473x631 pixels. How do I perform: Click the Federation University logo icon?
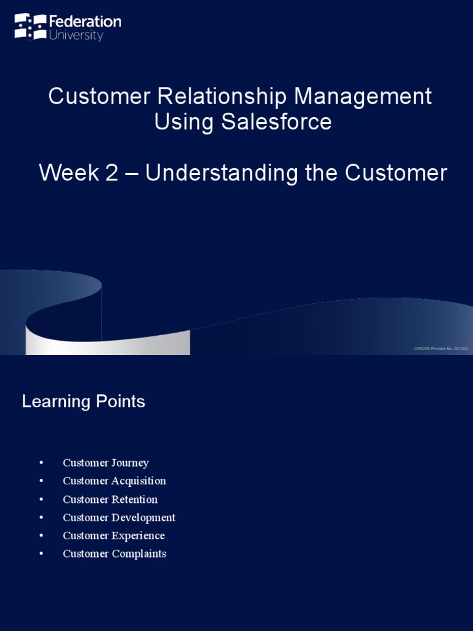[30, 26]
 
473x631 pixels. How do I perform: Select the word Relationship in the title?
[222, 97]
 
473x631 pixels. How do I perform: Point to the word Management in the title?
[363, 97]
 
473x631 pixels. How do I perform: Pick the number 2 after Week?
[111, 173]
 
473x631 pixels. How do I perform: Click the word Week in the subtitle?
[68, 173]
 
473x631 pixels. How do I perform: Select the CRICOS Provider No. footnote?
[441, 349]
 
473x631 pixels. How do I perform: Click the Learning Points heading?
[84, 402]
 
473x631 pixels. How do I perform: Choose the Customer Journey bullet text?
[106, 463]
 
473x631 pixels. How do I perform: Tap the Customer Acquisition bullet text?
[115, 481]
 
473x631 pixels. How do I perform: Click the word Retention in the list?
[135, 499]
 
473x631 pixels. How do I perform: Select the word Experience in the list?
[139, 535]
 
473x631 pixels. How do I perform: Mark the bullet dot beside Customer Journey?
[41, 463]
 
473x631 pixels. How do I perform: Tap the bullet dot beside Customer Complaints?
[41, 553]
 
